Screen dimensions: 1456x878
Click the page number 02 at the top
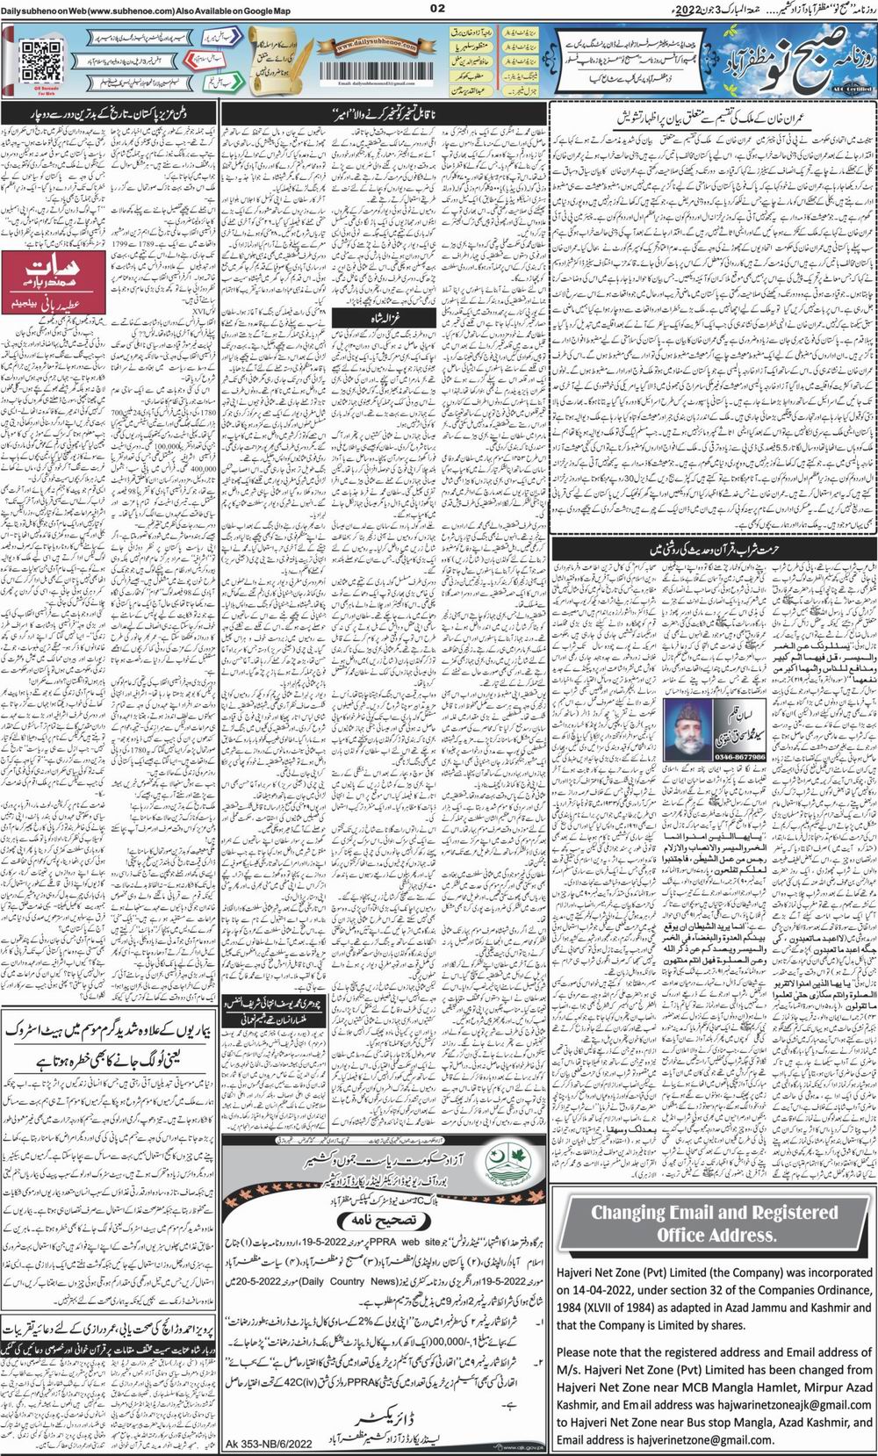coord(439,9)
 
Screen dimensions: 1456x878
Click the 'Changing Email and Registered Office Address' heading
coord(714,1223)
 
